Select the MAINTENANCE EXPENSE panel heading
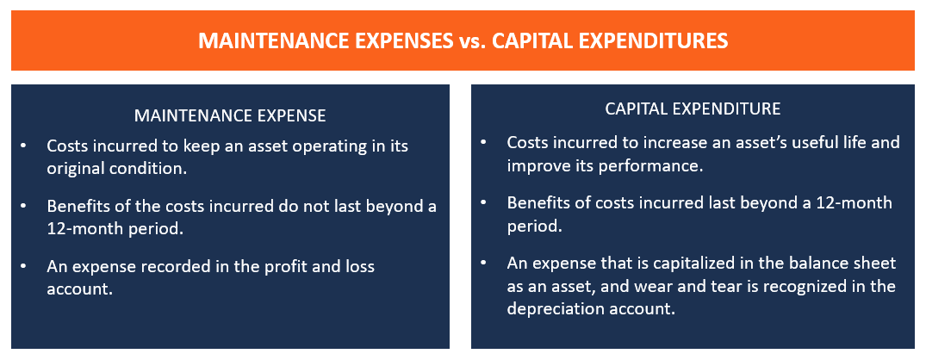(230, 115)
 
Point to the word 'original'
(76, 168)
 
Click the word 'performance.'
(654, 164)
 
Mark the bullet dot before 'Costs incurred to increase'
(483, 142)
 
